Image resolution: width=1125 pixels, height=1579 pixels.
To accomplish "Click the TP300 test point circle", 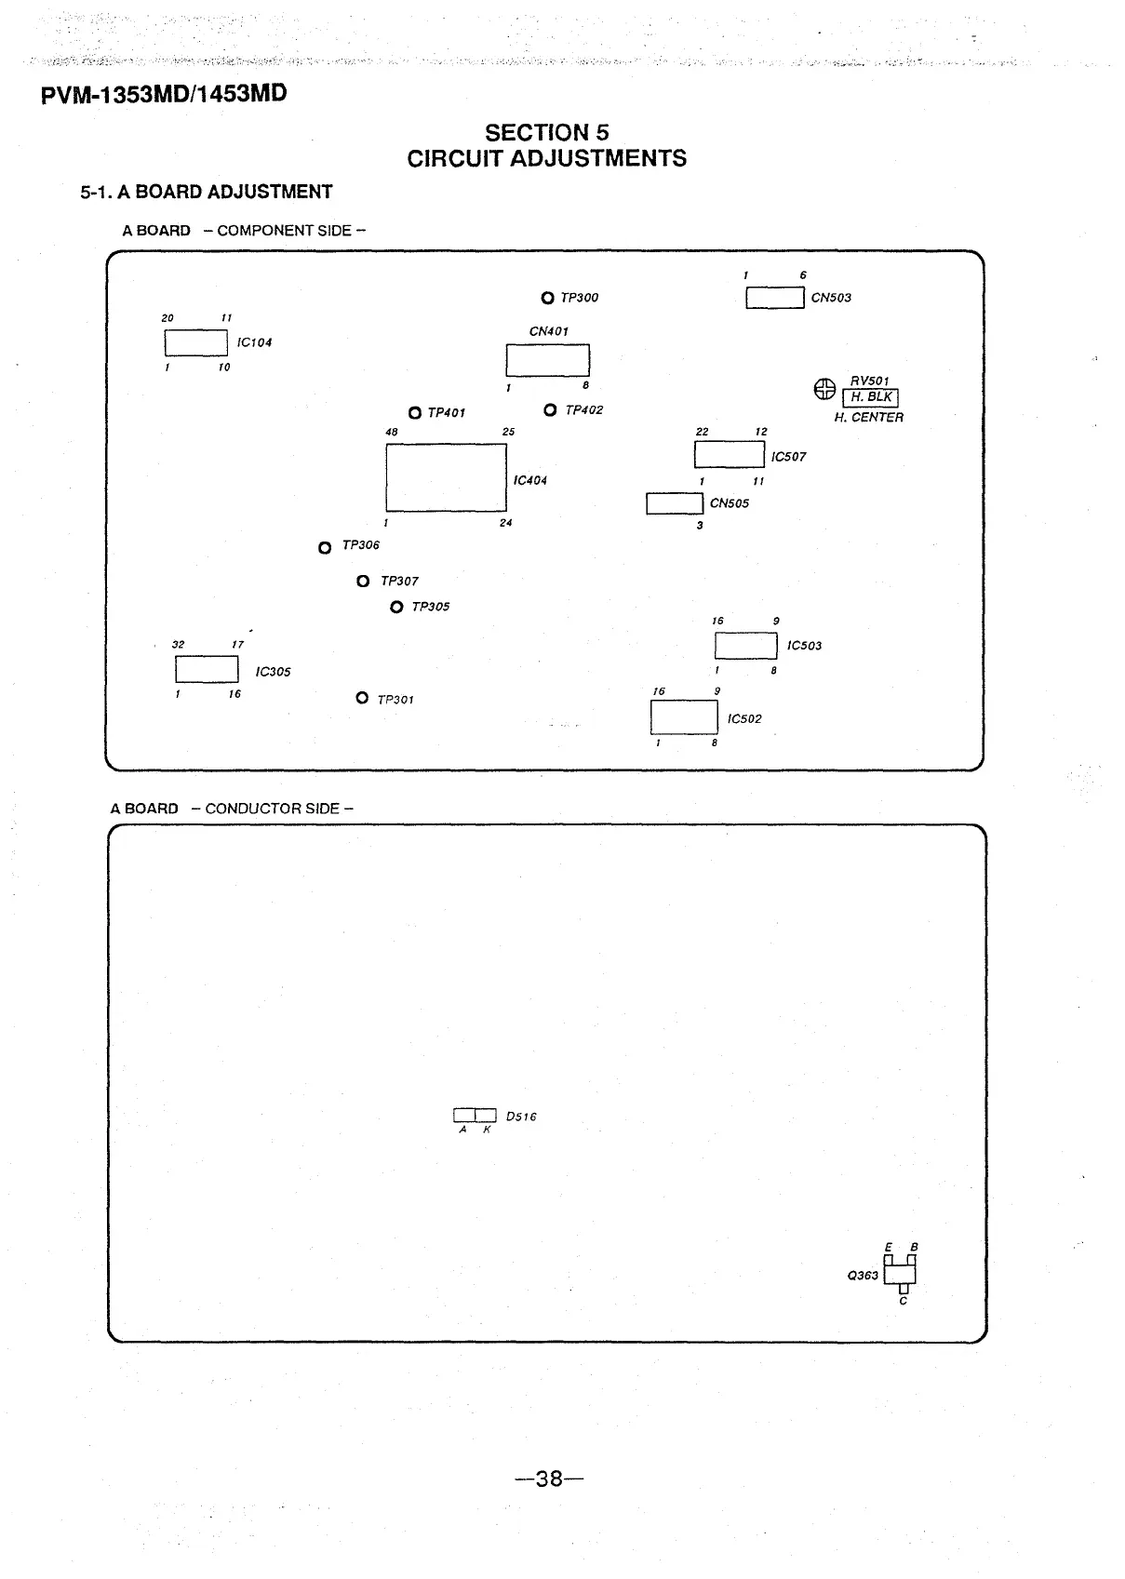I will (x=547, y=298).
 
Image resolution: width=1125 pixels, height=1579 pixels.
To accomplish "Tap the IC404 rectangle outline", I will (x=446, y=477).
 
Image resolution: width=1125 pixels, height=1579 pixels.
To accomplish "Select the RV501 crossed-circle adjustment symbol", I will (x=824, y=390).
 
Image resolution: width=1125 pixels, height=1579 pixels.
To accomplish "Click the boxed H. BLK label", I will (x=870, y=398).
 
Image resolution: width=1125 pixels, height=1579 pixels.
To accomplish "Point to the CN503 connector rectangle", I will (x=774, y=298).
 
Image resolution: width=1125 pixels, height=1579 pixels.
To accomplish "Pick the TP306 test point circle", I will (x=325, y=548).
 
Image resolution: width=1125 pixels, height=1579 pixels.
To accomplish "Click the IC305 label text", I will (x=273, y=672).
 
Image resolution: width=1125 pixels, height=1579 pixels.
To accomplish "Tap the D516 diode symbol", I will (x=475, y=1116).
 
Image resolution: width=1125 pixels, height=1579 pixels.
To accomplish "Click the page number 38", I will (x=550, y=1479).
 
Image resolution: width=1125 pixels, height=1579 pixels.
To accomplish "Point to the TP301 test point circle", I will (x=362, y=698).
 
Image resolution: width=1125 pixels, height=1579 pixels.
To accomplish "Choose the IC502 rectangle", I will (x=684, y=716).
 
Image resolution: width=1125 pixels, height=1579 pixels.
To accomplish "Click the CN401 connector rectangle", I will (x=547, y=359).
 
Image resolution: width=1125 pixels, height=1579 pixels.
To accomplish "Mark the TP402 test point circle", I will (x=550, y=410).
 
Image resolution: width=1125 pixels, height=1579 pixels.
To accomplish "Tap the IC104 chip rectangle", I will (x=196, y=342).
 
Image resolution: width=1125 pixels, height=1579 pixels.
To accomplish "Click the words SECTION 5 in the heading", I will (x=546, y=133).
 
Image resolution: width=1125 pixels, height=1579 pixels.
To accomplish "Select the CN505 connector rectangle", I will (x=675, y=503).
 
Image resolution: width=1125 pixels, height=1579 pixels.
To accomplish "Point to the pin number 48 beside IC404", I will (x=392, y=433).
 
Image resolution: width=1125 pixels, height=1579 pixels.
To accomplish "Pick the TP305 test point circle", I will (x=397, y=608).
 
